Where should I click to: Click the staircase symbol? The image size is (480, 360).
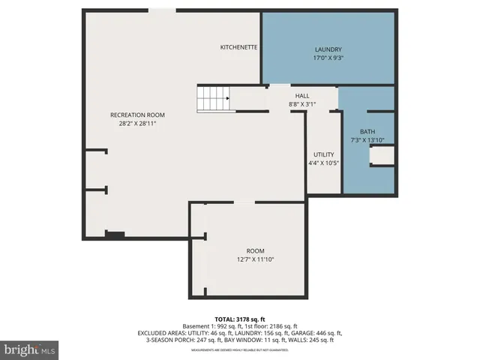[213, 98]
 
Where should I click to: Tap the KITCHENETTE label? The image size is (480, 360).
[238, 47]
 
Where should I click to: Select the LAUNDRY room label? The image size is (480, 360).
[328, 49]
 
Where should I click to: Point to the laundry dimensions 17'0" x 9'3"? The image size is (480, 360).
[328, 58]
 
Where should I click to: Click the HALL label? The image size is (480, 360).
[302, 96]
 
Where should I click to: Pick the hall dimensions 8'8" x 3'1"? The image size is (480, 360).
[302, 104]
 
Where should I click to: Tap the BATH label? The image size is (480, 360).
[367, 131]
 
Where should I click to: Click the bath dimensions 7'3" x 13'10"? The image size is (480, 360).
[367, 140]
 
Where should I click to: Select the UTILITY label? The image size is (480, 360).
[324, 154]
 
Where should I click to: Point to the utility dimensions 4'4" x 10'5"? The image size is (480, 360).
[324, 163]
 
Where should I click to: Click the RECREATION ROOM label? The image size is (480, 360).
[137, 115]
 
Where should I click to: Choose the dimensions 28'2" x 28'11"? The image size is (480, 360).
[137, 124]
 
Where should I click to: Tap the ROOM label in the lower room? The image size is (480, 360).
[256, 250]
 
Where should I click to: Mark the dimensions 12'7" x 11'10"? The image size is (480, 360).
[256, 259]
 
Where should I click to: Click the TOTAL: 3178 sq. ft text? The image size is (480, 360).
[240, 319]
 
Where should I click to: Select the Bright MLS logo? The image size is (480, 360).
[30, 349]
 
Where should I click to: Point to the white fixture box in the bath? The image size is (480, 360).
[382, 155]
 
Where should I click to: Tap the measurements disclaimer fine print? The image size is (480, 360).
[240, 350]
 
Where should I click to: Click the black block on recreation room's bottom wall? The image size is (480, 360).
[114, 235]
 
